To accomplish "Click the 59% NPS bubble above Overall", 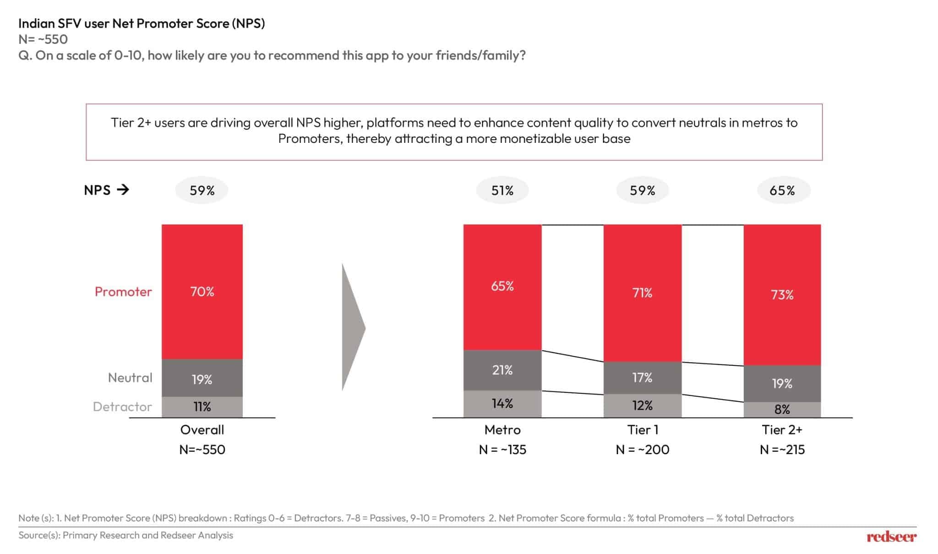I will tap(202, 190).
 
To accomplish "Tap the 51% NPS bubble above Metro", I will tap(502, 190).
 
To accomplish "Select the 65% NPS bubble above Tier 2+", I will tap(782, 190).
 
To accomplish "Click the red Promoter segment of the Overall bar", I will tap(202, 292).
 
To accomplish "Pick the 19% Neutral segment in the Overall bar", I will tap(202, 378).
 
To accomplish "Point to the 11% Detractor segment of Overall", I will tap(202, 407).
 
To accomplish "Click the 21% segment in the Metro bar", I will tap(502, 370).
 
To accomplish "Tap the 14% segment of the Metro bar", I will tap(502, 404).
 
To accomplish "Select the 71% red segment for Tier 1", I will tap(642, 293).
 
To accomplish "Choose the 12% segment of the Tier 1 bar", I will tap(642, 406).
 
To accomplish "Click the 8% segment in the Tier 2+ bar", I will tap(782, 410).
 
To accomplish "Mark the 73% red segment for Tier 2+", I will tap(782, 295).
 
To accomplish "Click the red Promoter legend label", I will tap(123, 292).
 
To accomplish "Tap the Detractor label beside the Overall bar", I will tap(122, 407).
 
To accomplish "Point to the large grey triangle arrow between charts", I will tap(352, 327).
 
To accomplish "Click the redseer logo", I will tap(891, 537).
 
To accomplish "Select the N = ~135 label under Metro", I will tap(502, 450).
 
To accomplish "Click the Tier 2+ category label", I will tap(782, 429).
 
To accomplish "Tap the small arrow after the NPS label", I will tap(123, 190).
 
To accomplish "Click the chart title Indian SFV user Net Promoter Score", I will tap(142, 23).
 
